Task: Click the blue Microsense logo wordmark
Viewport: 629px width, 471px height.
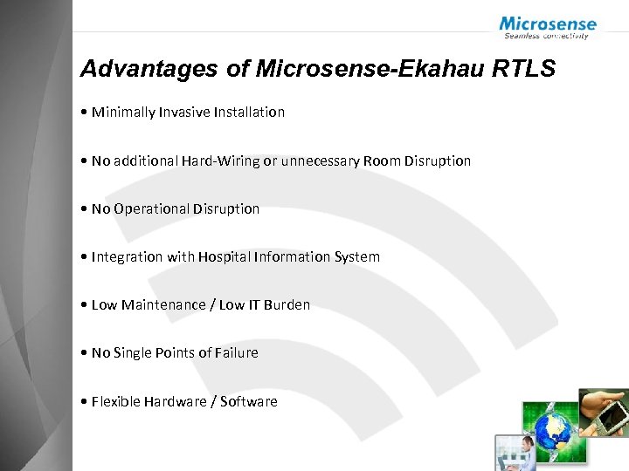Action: coord(548,24)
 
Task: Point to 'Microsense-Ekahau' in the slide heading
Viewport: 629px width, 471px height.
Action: coord(356,69)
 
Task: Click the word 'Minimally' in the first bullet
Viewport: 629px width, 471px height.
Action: coord(123,113)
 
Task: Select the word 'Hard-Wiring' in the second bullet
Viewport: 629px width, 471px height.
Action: coord(221,160)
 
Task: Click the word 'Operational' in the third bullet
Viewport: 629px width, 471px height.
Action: coord(151,208)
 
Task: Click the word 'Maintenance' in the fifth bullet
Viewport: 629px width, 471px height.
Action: coord(160,304)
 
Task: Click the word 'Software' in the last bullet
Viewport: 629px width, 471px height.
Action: coord(249,401)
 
